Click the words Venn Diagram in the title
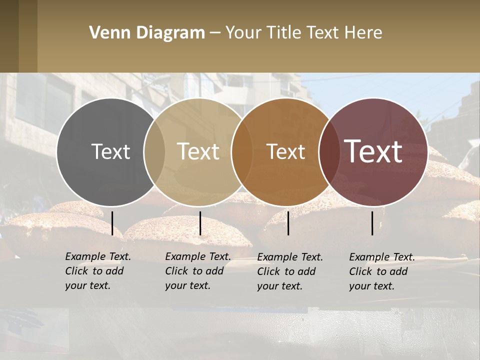point(147,33)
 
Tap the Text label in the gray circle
point(110,151)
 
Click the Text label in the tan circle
point(198,151)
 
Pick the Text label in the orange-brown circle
point(286,151)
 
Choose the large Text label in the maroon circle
point(373,151)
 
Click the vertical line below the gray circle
point(112,223)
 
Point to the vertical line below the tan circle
point(200,223)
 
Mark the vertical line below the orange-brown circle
point(288,223)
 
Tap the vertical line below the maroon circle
point(372,223)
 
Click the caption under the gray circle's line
point(98,271)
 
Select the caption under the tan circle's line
point(198,271)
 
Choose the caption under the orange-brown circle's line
point(290,271)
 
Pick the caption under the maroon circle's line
point(382,271)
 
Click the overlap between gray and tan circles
point(154,152)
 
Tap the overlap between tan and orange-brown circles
point(242,152)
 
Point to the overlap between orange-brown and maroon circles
point(329,152)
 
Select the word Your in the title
point(243,33)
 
